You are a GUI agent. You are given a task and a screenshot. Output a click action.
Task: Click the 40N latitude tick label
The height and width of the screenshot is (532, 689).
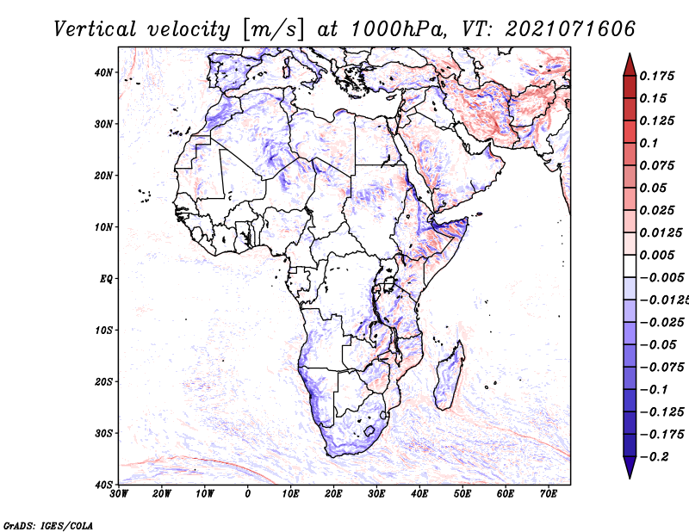pos(102,72)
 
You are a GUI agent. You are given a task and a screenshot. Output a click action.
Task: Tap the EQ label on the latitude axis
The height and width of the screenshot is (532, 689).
pos(106,279)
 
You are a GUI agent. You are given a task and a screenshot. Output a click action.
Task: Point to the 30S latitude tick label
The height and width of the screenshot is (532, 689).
pos(103,434)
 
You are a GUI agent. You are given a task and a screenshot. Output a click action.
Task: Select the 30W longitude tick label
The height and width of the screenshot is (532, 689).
pos(119,494)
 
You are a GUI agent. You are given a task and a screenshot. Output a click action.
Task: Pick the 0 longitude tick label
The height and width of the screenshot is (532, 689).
pos(248,494)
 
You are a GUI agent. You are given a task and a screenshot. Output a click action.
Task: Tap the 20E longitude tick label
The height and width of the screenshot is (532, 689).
pos(333,494)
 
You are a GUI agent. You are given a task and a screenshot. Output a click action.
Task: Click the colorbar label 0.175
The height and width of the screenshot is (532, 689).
pos(656,76)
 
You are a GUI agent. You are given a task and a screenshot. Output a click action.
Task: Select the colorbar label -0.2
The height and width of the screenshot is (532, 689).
pos(654,457)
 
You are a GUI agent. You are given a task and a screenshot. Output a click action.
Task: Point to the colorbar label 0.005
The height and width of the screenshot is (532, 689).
pos(656,255)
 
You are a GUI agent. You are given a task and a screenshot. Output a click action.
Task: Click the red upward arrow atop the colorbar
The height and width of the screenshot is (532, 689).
pos(630,65)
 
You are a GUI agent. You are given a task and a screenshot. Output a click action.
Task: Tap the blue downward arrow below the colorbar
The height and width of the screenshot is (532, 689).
pos(630,467)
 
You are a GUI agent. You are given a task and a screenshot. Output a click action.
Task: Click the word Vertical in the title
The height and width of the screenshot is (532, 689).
pos(95,29)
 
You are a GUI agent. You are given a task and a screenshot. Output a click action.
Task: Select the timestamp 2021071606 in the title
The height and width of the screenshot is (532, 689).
pos(570,29)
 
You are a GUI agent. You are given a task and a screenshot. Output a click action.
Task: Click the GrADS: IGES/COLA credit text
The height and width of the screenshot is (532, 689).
pos(48,526)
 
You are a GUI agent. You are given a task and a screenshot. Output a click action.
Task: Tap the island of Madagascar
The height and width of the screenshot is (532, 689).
pos(449,375)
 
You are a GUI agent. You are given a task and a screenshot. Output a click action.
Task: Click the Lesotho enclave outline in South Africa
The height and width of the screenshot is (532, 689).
pos(369,431)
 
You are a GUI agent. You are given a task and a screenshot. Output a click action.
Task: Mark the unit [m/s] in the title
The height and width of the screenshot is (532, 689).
pos(273,30)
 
